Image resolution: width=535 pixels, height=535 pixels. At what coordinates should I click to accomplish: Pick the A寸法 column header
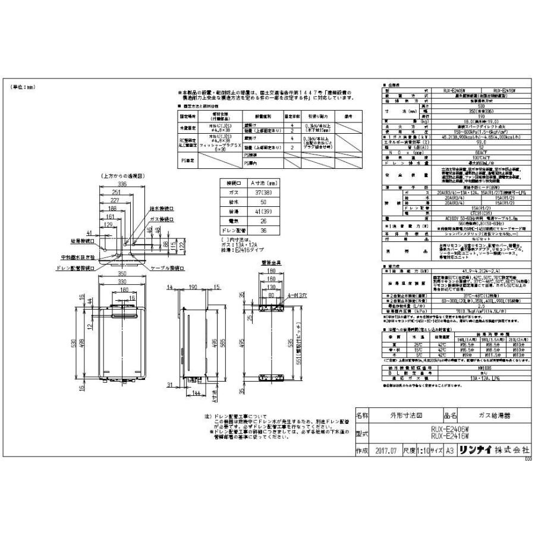pyautogui.click(x=261, y=183)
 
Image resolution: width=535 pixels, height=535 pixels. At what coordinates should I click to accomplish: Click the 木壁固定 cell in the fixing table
pyautogui.click(x=188, y=127)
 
